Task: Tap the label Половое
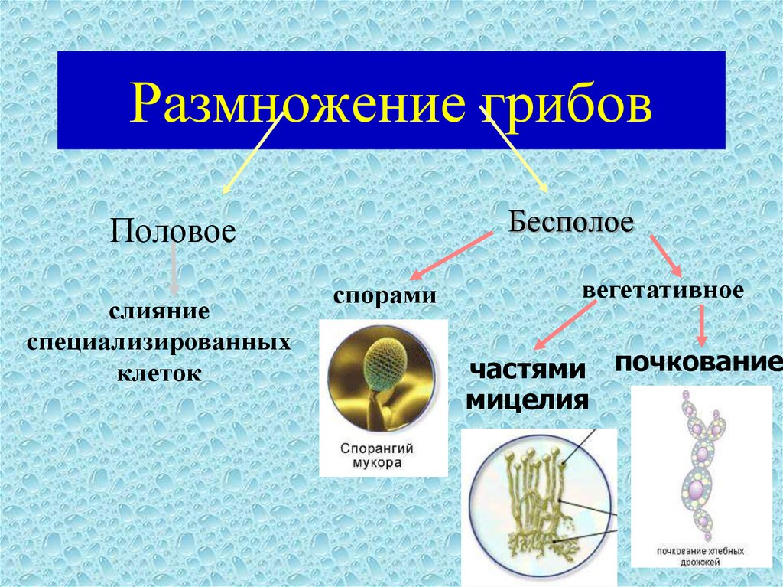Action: tap(173, 231)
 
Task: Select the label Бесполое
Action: tap(570, 221)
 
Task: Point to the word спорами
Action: tap(385, 295)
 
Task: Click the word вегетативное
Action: tap(663, 290)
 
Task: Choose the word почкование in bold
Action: tap(698, 361)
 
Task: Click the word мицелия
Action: tap(527, 400)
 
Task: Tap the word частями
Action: tap(528, 369)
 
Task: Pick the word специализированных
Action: tap(159, 343)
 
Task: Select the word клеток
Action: tap(159, 373)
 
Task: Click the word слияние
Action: tap(159, 311)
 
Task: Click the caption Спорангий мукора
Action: tap(377, 455)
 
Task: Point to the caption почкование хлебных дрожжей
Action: tap(700, 556)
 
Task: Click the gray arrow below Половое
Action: tap(174, 269)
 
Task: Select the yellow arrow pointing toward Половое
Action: tap(252, 154)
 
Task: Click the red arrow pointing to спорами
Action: tap(451, 256)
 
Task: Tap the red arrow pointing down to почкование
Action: tap(702, 326)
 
